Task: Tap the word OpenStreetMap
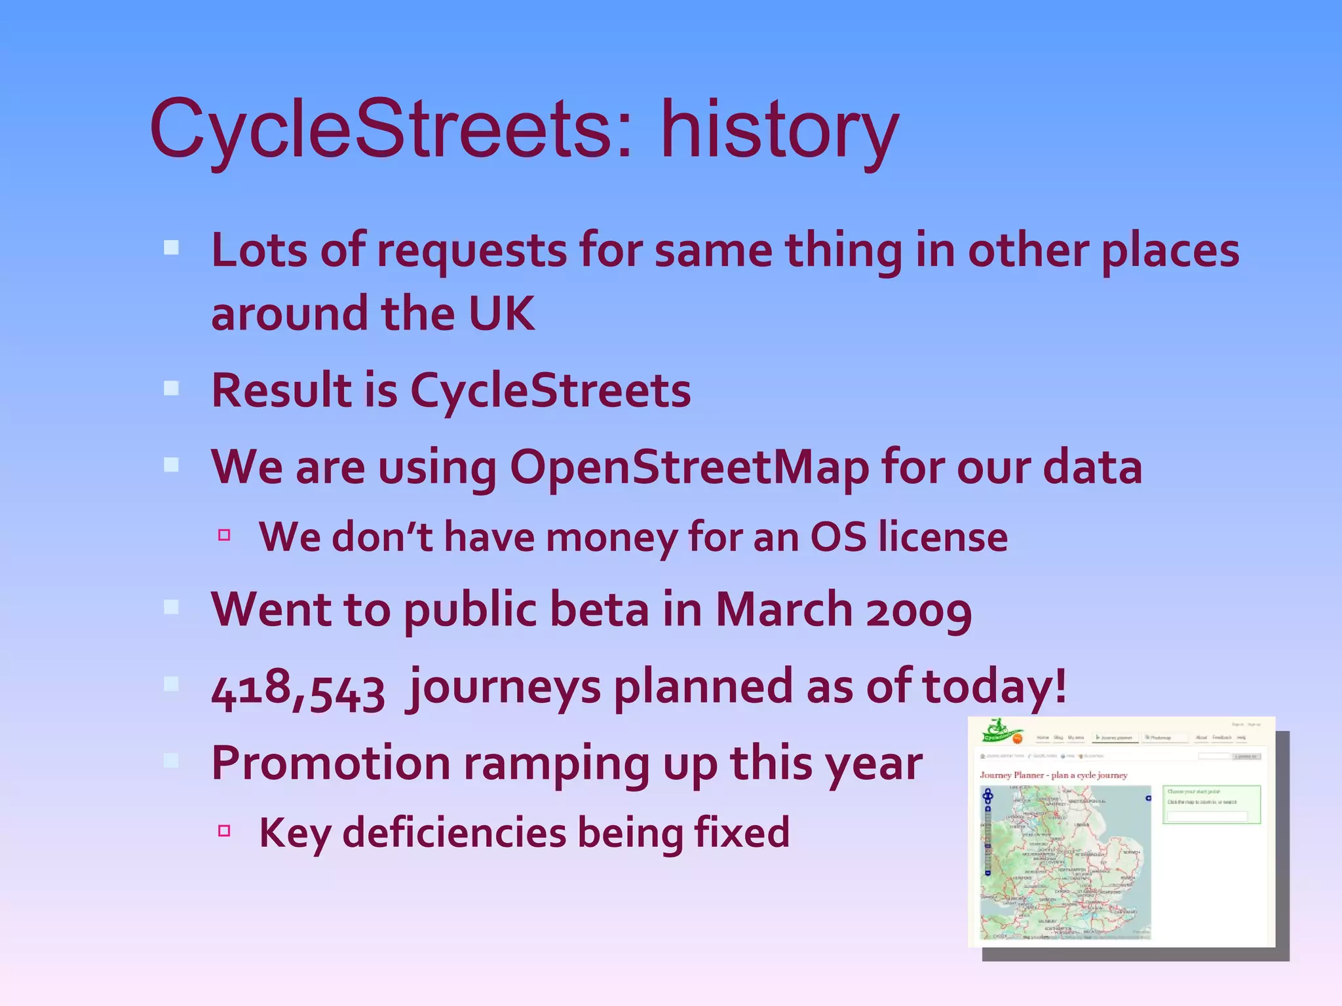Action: [x=689, y=467]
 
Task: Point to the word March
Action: [x=784, y=609]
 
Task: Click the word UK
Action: [x=502, y=314]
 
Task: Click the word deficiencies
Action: [x=454, y=832]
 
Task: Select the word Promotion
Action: [x=331, y=764]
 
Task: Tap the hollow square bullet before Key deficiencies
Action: [x=224, y=831]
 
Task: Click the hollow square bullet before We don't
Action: [x=224, y=535]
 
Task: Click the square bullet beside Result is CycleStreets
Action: [x=171, y=388]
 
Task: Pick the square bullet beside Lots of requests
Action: [x=171, y=248]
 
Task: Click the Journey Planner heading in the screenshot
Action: [x=1053, y=775]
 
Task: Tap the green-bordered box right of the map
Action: [x=1211, y=804]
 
